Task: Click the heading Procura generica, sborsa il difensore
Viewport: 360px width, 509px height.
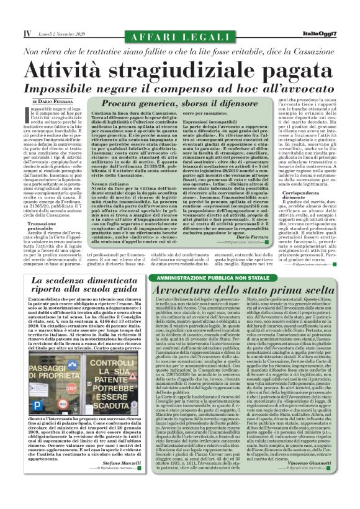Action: [x=173, y=106]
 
